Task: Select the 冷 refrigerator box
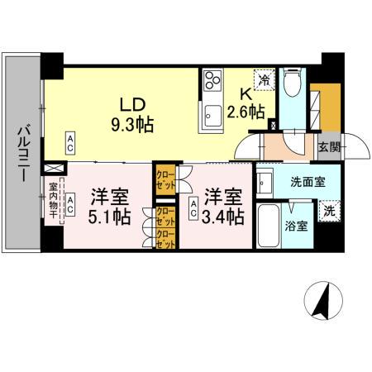pyautogui.click(x=264, y=79)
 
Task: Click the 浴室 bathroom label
pyautogui.click(x=297, y=226)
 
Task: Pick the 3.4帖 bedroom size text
pyautogui.click(x=224, y=217)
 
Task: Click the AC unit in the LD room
pyautogui.click(x=70, y=141)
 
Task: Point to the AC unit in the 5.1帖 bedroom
pyautogui.click(x=71, y=203)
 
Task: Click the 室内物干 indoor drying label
pyautogui.click(x=53, y=202)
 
